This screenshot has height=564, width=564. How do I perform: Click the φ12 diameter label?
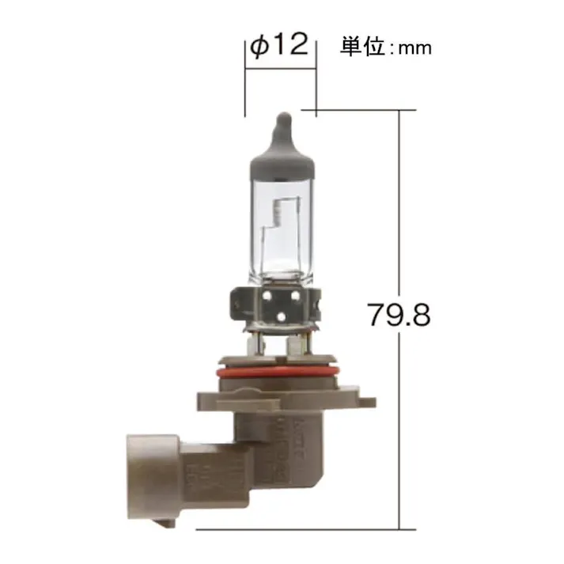[278, 46]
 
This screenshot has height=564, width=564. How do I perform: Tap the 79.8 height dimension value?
[398, 315]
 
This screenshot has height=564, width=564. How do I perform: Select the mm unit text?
[414, 49]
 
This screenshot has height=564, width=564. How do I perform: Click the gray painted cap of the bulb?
[282, 159]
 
